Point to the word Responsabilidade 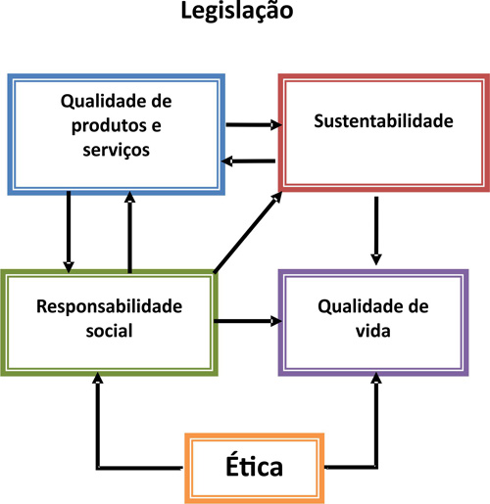point(110,306)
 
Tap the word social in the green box point(110,331)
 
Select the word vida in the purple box point(374,331)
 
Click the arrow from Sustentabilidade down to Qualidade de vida point(376,229)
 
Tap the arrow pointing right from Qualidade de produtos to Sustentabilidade point(252,125)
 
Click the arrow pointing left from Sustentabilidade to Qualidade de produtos point(248,161)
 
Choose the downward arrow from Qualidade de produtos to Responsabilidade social point(69,232)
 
